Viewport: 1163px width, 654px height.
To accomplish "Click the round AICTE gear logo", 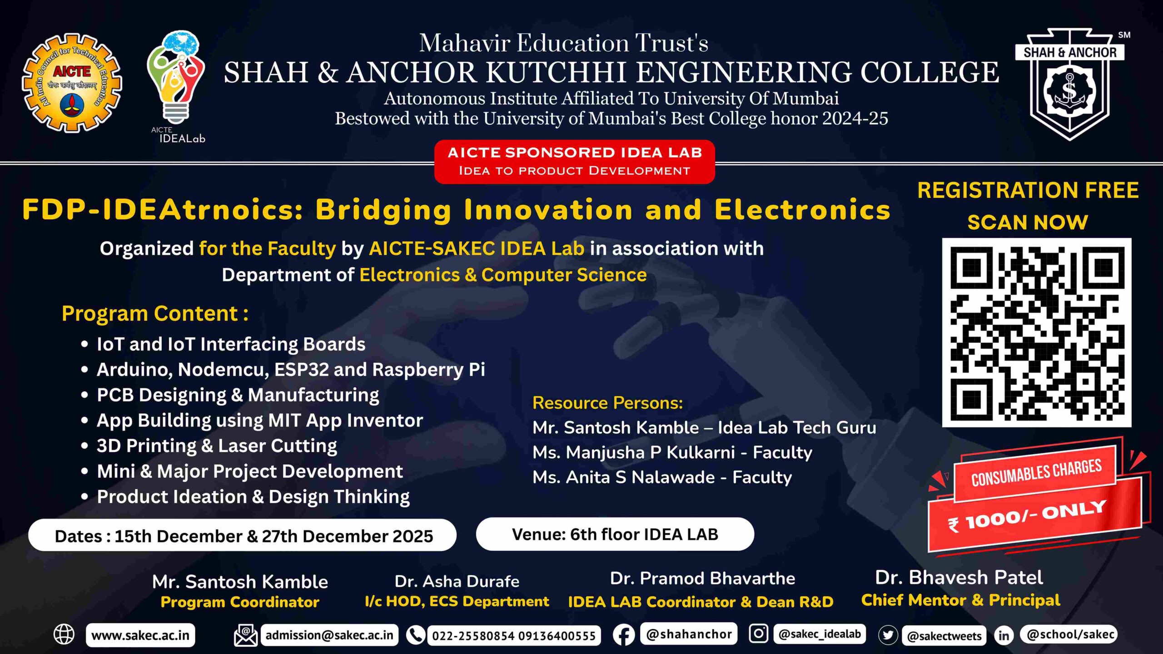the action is pos(72,83).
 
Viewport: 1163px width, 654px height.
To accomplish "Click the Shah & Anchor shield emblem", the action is pos(1070,84).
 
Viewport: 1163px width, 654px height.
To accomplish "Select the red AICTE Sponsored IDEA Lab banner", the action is pos(574,162).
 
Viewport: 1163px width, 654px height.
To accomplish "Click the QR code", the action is pos(1036,332).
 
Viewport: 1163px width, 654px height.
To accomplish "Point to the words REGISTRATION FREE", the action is pos(1028,190).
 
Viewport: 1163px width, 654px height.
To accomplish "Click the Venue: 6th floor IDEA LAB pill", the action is pos(615,534).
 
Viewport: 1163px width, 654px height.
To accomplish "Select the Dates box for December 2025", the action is pos(242,535).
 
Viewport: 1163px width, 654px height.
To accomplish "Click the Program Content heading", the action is pos(155,313).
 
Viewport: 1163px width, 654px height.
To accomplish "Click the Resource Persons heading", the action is pos(607,403).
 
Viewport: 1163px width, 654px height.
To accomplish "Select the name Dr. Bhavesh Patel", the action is pos(959,578).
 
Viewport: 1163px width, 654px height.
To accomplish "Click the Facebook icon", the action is pos(624,634).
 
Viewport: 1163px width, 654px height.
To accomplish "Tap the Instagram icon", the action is pos(758,633).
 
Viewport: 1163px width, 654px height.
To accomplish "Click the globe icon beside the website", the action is pos(64,634).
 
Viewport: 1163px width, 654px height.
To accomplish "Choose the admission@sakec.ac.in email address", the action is pos(329,635).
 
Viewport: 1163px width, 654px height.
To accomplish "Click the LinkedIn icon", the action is pos(1004,635).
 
